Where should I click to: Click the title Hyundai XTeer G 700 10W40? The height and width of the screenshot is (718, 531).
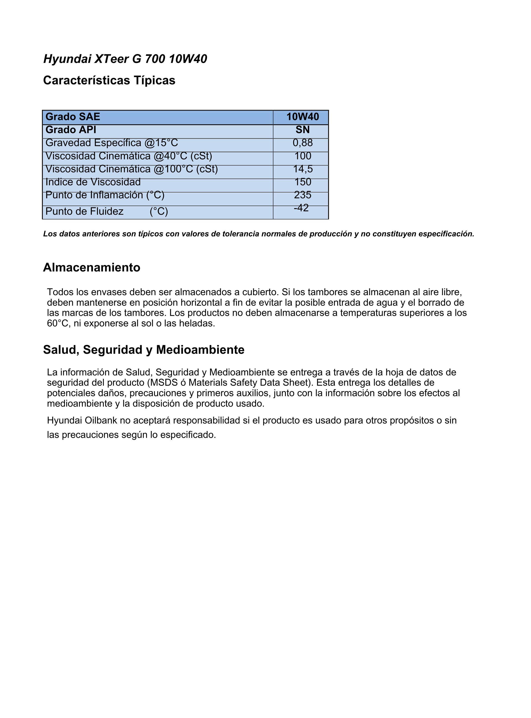[x=125, y=59]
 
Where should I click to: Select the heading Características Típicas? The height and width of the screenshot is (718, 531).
[x=109, y=80]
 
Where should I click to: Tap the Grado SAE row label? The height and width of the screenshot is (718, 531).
[x=73, y=117]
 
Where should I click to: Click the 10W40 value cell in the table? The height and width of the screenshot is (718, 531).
[x=303, y=117]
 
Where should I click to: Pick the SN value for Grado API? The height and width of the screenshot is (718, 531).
[x=303, y=130]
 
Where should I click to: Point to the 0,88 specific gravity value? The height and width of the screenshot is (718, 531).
[x=303, y=143]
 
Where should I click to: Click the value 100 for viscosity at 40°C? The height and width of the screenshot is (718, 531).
[x=303, y=156]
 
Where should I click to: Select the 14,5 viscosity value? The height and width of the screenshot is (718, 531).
[x=303, y=169]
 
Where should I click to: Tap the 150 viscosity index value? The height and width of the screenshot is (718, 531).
[x=303, y=182]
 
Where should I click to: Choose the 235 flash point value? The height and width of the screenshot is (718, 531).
[x=303, y=195]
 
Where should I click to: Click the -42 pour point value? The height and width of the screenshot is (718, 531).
[x=301, y=208]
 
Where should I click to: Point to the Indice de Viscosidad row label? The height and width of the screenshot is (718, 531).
[x=93, y=182]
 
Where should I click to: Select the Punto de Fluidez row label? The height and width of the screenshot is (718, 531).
[x=85, y=211]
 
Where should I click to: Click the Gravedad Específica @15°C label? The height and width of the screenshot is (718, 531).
[x=112, y=143]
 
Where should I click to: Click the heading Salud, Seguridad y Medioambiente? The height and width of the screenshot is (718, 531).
[x=144, y=350]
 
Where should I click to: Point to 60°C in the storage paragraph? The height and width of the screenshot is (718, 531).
[x=58, y=323]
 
